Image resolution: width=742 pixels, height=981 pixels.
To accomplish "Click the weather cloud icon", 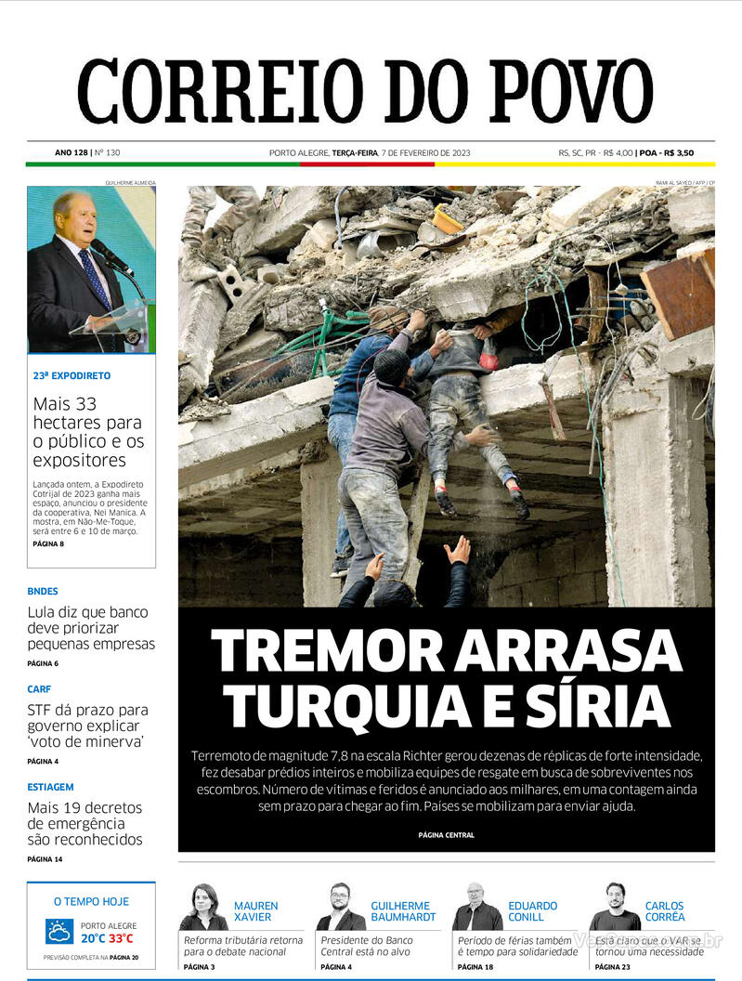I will point(59,931).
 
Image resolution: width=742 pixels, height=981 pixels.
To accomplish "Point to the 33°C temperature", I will point(122,938).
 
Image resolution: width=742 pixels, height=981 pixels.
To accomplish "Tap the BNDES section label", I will point(43,591).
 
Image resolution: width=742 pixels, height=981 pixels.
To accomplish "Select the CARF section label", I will point(39,688).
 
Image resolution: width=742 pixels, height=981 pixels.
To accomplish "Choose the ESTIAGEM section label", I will point(50,787).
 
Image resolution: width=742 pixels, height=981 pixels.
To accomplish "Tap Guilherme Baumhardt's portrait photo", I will point(341,907).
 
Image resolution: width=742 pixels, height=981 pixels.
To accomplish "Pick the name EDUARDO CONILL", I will point(532,911).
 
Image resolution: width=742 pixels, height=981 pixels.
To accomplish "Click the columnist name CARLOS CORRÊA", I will point(664,911).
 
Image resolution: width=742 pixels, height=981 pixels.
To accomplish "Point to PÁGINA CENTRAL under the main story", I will point(446,835).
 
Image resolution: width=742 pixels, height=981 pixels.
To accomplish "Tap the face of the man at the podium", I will point(74,216).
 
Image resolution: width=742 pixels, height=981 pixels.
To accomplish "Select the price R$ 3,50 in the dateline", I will point(678,153).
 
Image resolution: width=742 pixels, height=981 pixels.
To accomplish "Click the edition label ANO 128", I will point(71,153).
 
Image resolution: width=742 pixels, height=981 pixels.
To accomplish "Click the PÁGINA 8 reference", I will point(48,543).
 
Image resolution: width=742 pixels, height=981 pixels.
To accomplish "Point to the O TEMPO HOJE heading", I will point(91,901).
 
